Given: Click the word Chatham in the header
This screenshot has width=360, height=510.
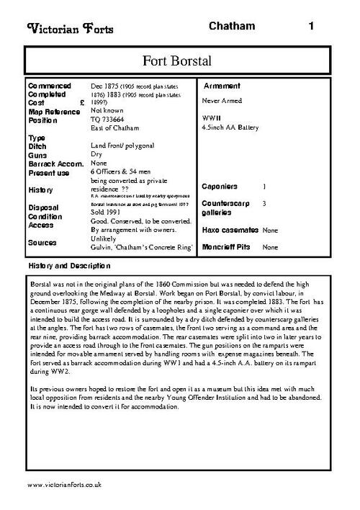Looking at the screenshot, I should coord(232,26).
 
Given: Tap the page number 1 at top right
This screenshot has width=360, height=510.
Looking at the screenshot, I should coord(311,26).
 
